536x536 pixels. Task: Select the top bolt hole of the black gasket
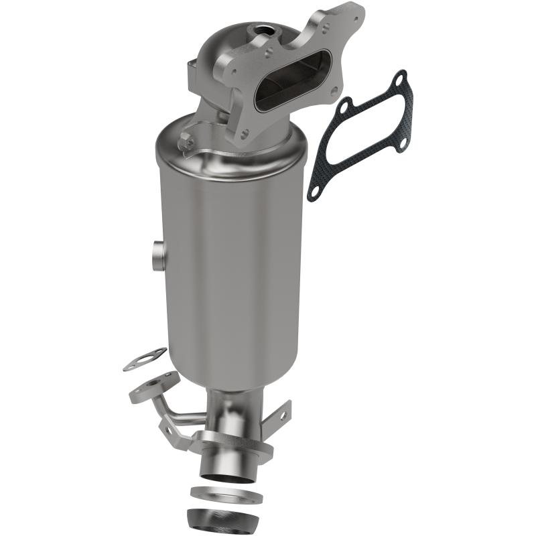400,80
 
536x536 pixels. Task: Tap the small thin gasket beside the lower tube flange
145,360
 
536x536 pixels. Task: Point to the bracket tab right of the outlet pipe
281,416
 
